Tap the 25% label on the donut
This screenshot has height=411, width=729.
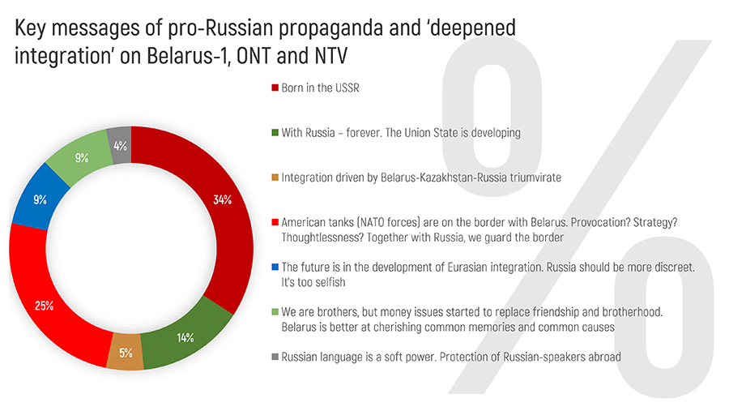(x=45, y=306)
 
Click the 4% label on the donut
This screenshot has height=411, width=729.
(x=120, y=147)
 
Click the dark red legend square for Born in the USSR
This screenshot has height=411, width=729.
(x=275, y=88)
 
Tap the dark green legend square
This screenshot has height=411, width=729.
(x=275, y=132)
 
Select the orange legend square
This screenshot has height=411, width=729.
(x=275, y=176)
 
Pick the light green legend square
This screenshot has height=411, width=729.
(x=275, y=311)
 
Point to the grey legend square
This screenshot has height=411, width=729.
(x=275, y=356)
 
